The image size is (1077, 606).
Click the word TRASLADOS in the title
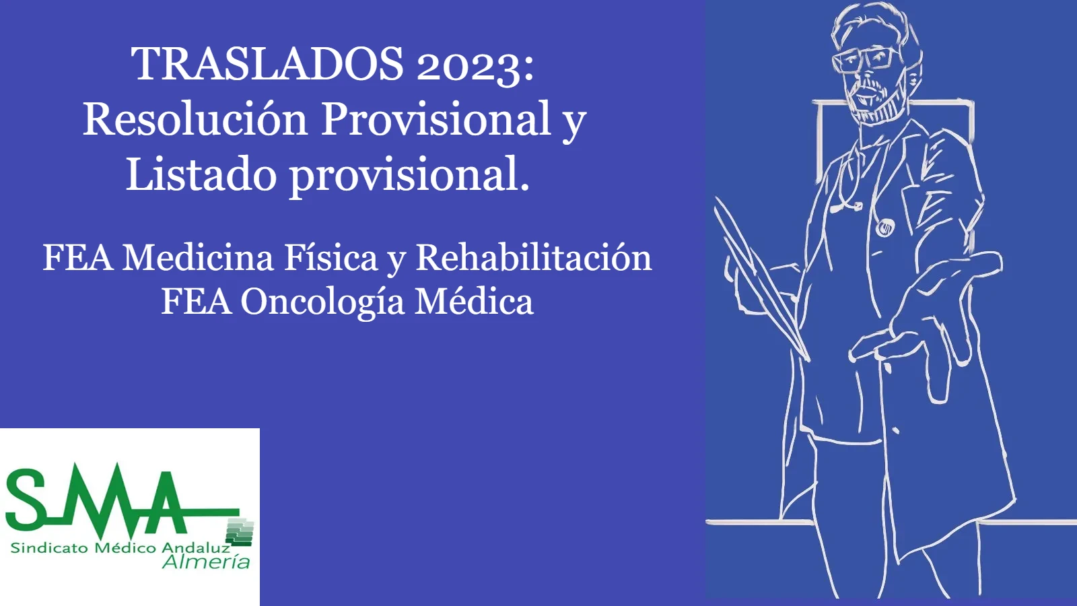pos(267,64)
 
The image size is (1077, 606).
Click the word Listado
pos(201,174)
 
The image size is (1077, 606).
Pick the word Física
pos(331,258)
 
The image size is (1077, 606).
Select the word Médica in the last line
pos(474,302)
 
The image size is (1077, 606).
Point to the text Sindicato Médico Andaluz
pos(120,548)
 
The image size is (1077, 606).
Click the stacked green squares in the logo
pos(240,533)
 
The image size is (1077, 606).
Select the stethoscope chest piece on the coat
pos(884,228)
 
